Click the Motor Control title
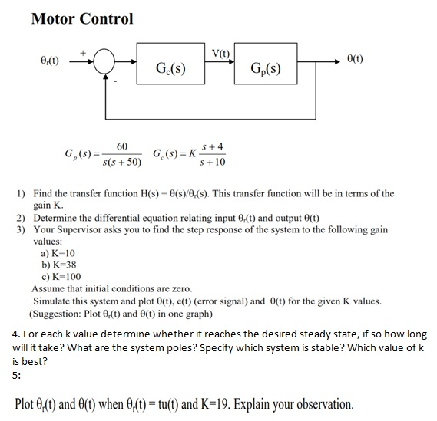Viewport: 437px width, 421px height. [x=82, y=18]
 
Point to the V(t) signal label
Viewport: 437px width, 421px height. [x=220, y=53]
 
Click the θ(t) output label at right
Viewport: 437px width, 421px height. [x=355, y=59]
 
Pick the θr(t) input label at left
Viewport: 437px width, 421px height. [x=50, y=60]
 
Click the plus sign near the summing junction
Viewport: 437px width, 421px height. [x=83, y=52]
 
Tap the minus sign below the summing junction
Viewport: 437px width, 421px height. [x=115, y=81]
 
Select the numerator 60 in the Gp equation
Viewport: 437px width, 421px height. [x=122, y=146]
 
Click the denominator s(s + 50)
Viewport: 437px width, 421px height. [x=122, y=162]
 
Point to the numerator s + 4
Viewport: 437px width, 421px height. [x=213, y=146]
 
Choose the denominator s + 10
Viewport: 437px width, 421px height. [x=213, y=162]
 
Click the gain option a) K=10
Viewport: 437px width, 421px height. [x=58, y=253]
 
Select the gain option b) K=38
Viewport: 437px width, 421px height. [x=59, y=265]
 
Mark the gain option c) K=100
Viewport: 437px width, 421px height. [x=61, y=277]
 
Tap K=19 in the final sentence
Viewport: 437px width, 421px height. [x=215, y=404]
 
